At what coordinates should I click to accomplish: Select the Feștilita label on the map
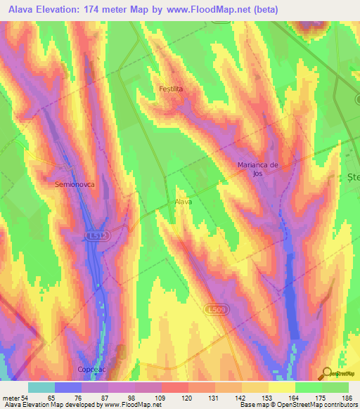point(171,89)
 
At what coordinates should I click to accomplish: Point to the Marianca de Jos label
point(257,169)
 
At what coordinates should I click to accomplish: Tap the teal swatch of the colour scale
point(41,387)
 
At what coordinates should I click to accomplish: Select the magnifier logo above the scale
point(327,373)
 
